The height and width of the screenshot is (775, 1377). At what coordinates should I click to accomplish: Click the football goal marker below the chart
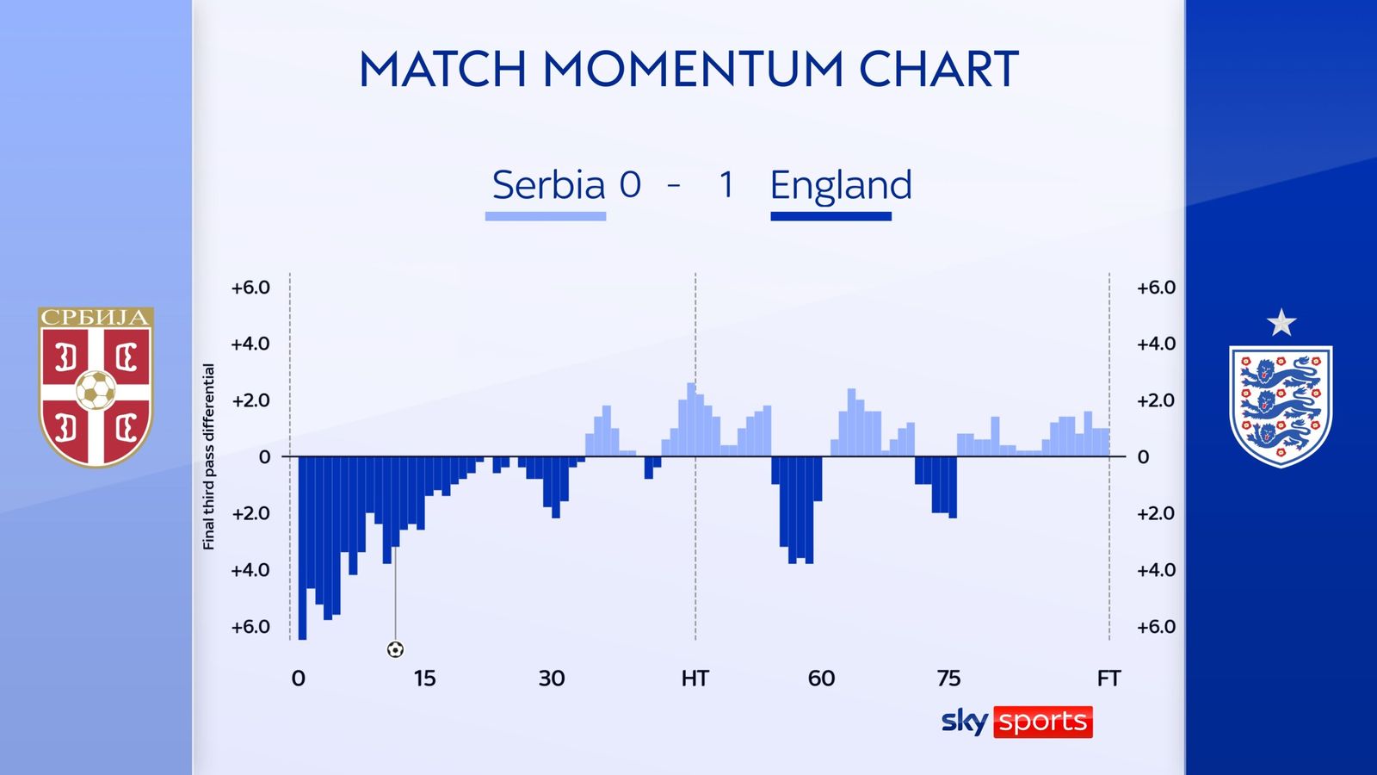pyautogui.click(x=395, y=649)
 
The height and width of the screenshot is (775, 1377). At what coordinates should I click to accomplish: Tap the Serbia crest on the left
pyautogui.click(x=96, y=387)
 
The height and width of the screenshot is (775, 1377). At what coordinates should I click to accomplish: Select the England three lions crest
pyautogui.click(x=1281, y=406)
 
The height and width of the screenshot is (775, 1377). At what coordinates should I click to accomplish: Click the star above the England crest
pyautogui.click(x=1281, y=323)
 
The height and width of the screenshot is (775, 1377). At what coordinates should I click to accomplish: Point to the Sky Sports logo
pyautogui.click(x=1016, y=722)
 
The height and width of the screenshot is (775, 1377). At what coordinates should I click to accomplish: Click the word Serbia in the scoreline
pyautogui.click(x=548, y=184)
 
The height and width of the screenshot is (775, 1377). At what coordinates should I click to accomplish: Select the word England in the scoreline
pyautogui.click(x=840, y=185)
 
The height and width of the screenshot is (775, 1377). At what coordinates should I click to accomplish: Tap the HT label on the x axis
pyautogui.click(x=695, y=679)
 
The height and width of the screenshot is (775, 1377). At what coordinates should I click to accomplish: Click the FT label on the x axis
pyautogui.click(x=1109, y=679)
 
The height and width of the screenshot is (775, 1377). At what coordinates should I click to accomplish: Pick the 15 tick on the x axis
pyautogui.click(x=424, y=679)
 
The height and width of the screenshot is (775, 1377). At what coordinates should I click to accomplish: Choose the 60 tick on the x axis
pyautogui.click(x=821, y=679)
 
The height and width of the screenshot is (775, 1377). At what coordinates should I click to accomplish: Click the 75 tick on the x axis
pyautogui.click(x=948, y=679)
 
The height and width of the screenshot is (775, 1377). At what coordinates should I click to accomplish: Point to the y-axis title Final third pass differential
pyautogui.click(x=209, y=456)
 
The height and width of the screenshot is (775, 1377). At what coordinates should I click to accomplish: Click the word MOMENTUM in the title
pyautogui.click(x=694, y=68)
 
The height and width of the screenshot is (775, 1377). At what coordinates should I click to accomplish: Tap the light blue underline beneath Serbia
pyautogui.click(x=546, y=216)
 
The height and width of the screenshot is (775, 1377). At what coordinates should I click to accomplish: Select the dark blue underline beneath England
pyautogui.click(x=831, y=216)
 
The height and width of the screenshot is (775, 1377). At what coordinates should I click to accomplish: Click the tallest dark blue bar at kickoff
pyautogui.click(x=302, y=548)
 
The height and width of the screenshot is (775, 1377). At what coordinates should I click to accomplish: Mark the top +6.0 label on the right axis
pyautogui.click(x=1156, y=288)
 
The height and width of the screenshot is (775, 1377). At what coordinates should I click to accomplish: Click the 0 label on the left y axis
pyautogui.click(x=264, y=457)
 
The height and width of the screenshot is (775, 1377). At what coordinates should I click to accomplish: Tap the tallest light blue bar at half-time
pyautogui.click(x=691, y=419)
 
